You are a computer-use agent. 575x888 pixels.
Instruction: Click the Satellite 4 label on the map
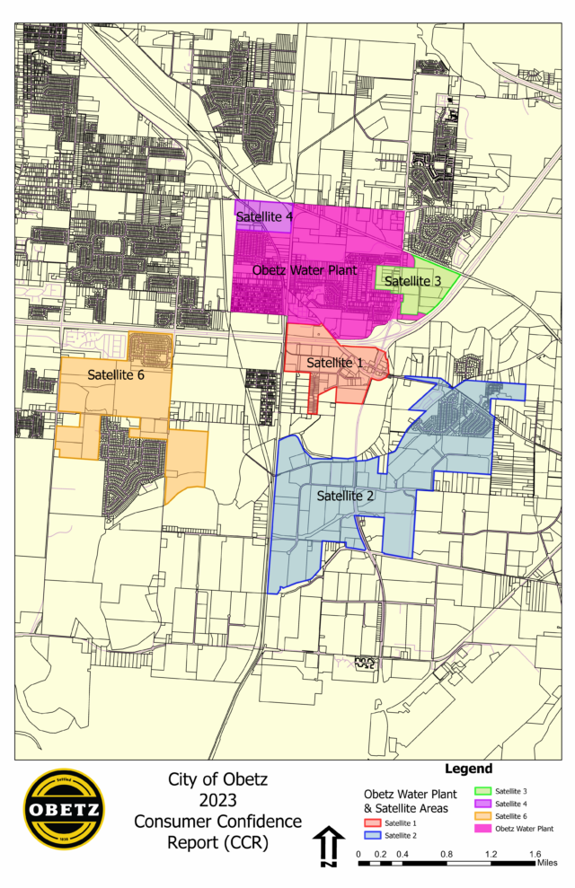pyautogui.click(x=264, y=217)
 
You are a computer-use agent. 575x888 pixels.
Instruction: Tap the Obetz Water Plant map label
pyautogui.click(x=304, y=269)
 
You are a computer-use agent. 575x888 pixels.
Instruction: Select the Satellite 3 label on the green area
pyautogui.click(x=413, y=281)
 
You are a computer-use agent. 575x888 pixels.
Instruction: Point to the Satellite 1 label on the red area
pyautogui.click(x=335, y=363)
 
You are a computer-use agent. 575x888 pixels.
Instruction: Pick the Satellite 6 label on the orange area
pyautogui.click(x=116, y=374)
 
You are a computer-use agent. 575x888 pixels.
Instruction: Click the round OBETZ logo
pyautogui.click(x=63, y=811)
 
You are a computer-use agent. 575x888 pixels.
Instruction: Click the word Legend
pyautogui.click(x=468, y=769)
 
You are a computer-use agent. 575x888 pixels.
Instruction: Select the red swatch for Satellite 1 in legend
pyautogui.click(x=370, y=822)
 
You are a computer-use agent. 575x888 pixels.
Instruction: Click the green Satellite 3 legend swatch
pyautogui.click(x=481, y=791)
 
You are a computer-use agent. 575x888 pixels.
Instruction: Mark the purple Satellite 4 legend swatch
pyautogui.click(x=481, y=804)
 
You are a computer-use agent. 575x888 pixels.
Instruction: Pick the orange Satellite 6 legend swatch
pyautogui.click(x=481, y=816)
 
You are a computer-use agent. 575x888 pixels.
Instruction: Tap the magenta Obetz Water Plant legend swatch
pyautogui.click(x=481, y=829)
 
